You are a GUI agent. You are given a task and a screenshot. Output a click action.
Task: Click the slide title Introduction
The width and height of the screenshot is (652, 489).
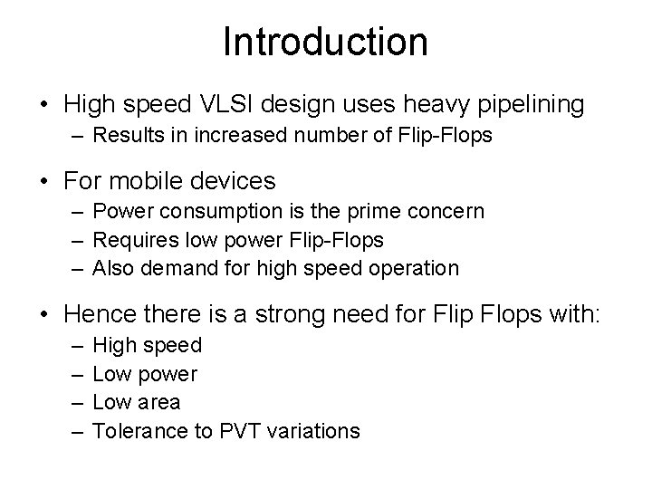325,42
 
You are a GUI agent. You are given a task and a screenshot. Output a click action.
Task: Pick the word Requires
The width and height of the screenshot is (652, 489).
130,240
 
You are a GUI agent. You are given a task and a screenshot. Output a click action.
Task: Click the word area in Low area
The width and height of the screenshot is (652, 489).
160,402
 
